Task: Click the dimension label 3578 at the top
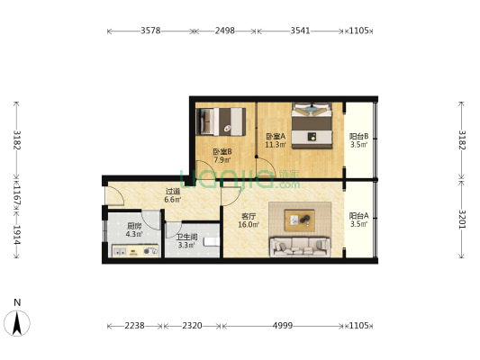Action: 150,31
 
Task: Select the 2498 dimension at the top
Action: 225,31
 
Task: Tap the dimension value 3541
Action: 300,31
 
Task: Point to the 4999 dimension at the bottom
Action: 283,326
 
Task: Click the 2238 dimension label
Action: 134,326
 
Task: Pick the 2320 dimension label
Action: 192,326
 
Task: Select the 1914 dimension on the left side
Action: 17,235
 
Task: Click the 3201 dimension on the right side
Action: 462,219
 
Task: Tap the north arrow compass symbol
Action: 17,323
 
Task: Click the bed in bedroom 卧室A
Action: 312,126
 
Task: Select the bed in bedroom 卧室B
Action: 221,121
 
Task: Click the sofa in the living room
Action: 300,247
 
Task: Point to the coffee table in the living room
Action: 299,220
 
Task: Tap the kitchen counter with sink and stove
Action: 135,251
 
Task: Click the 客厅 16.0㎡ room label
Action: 249,220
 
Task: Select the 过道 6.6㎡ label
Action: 173,195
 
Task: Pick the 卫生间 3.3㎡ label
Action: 186,241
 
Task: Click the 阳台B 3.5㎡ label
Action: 358,140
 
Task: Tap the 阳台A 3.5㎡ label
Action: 358,220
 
